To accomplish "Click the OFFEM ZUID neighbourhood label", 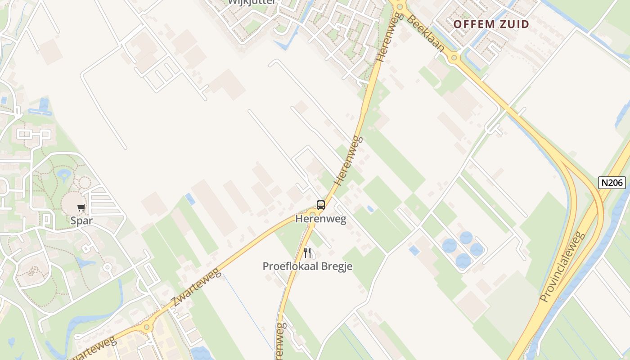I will pos(491,24).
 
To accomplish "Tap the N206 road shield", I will pos(612,182).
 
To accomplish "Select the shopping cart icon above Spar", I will pos(81,207).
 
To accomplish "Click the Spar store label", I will pos(81,220).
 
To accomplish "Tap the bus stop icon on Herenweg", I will pos(320,205).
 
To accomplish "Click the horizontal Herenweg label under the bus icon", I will pos(320,219).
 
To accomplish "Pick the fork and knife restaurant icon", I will pos(307,252).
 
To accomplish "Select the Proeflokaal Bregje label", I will pos(307,266).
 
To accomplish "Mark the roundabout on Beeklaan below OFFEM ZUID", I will pos(454,58).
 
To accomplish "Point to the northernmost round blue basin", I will pos(466,237).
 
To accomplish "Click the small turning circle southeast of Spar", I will pos(107,267).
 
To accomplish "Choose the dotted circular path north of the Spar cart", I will pos(84,182).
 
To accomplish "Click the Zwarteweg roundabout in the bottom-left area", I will pos(146,328).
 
